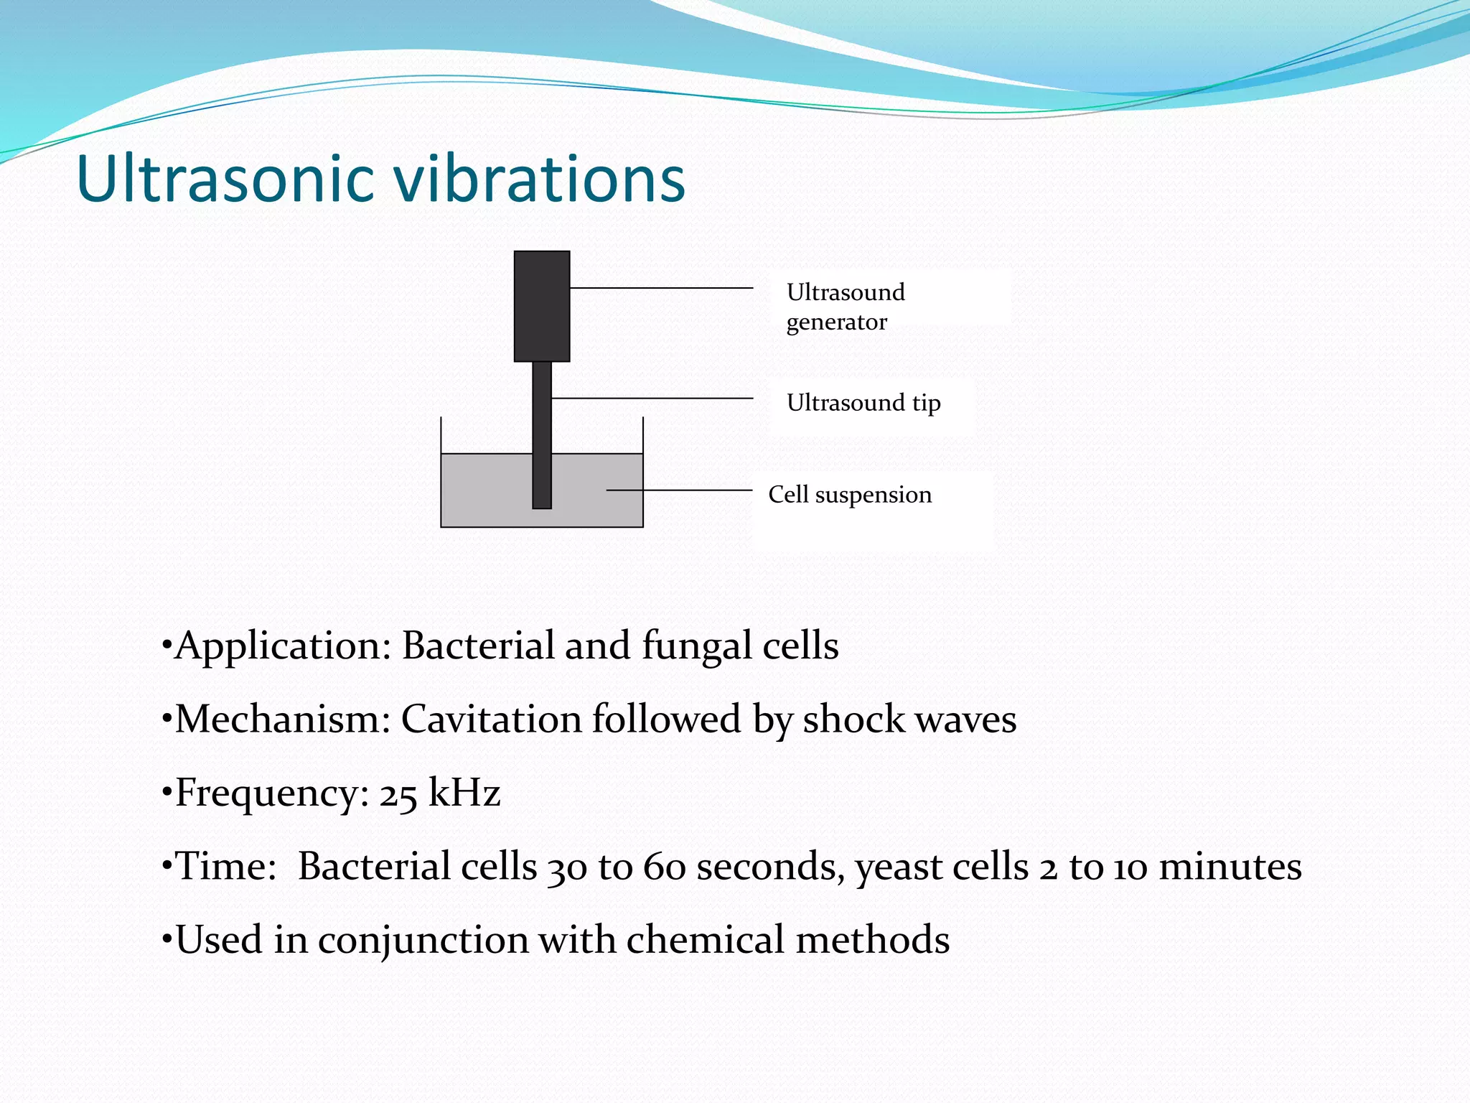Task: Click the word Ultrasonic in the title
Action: [x=225, y=180]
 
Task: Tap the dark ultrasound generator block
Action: [x=542, y=307]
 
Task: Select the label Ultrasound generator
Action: [x=846, y=307]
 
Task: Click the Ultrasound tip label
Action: [x=863, y=403]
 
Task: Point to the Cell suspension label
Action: [x=850, y=495]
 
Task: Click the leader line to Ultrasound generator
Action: [x=660, y=288]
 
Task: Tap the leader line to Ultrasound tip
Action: [x=652, y=398]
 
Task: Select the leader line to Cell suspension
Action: [x=678, y=490]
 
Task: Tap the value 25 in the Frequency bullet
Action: [x=398, y=794]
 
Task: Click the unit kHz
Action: [x=464, y=793]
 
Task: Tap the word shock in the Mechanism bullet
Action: [x=853, y=720]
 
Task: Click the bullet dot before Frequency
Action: [x=167, y=792]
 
